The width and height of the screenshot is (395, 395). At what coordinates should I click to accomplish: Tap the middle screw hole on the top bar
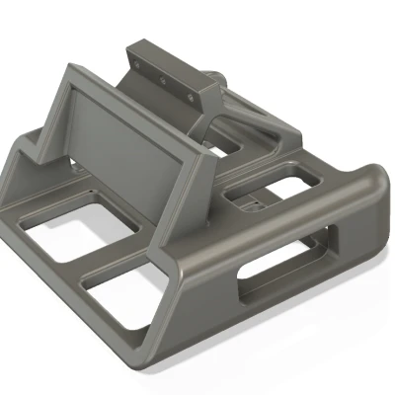(164, 72)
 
